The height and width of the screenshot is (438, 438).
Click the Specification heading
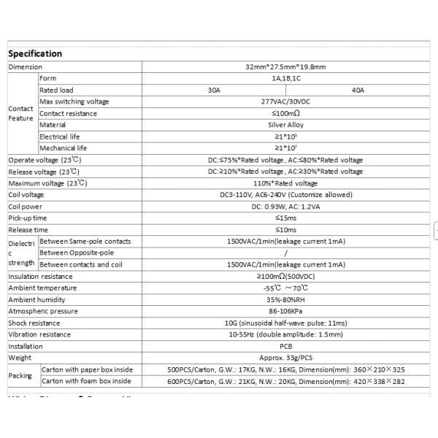point(35,53)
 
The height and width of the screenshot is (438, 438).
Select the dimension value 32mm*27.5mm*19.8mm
point(285,66)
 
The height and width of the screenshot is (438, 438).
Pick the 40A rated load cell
point(358,90)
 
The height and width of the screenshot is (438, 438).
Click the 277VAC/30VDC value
point(285,101)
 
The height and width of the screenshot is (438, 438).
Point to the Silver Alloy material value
point(285,125)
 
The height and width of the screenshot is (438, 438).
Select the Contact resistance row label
point(68,113)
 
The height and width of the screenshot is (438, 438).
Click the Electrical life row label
point(64,137)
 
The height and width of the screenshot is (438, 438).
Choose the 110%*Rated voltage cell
point(285,183)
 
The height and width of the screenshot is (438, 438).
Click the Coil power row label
point(26,207)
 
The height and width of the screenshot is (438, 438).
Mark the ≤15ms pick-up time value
point(285,218)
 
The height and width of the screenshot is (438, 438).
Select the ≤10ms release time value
point(285,230)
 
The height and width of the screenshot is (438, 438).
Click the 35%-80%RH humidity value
point(285,299)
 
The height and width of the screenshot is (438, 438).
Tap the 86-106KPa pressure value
point(285,311)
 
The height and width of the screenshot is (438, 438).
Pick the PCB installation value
point(285,346)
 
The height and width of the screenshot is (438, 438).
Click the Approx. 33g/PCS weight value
point(285,358)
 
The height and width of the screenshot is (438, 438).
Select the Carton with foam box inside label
point(86,381)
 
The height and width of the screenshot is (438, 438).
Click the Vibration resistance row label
point(39,334)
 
